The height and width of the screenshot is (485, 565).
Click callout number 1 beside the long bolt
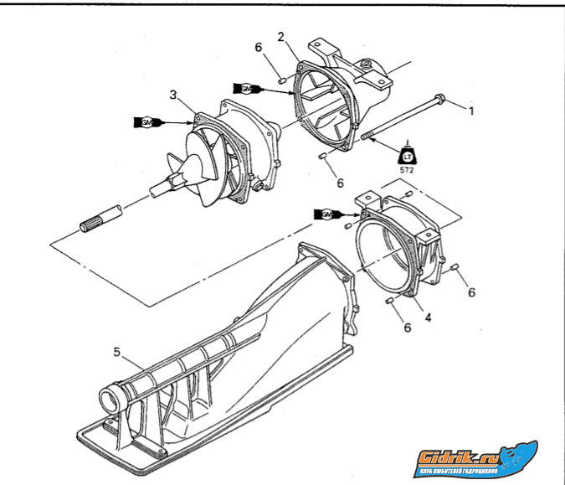471,111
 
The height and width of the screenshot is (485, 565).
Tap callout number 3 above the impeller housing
173,95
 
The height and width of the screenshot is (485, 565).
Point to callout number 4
427,317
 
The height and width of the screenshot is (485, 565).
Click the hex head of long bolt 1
442,101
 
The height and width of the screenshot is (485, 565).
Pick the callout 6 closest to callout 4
408,327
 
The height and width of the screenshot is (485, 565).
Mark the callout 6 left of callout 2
259,48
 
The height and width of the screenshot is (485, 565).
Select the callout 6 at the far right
471,292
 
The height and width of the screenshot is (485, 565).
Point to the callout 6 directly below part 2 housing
340,182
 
